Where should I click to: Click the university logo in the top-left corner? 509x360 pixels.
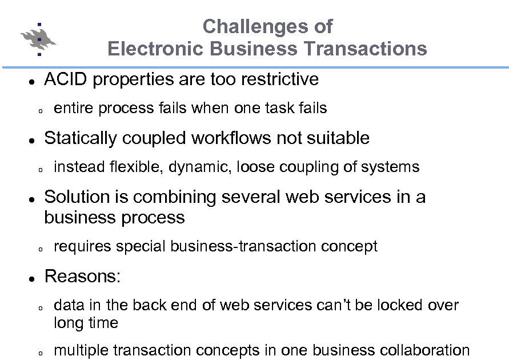click(38, 39)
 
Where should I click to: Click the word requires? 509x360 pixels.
click(82, 246)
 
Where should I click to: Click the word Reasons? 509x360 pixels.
click(82, 276)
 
